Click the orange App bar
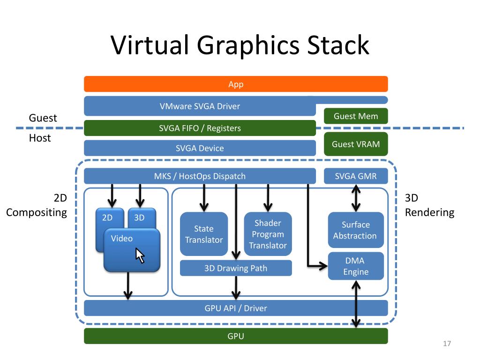[236, 84]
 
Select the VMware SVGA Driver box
[200, 106]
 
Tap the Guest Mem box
[355, 116]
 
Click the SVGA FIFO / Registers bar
[200, 128]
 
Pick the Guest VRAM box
[355, 144]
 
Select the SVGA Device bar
[200, 148]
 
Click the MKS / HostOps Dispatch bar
[200, 176]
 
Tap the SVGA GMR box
[355, 176]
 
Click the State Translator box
[204, 234]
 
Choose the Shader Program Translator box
[268, 234]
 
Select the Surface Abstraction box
[355, 230]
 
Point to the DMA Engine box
[355, 266]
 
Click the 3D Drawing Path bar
[236, 268]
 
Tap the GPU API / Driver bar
[236, 308]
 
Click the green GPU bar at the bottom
[236, 336]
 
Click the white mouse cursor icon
[140, 255]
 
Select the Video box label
[122, 238]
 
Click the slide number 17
[446, 345]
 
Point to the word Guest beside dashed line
[43, 118]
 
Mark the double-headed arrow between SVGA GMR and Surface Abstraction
[356, 198]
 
